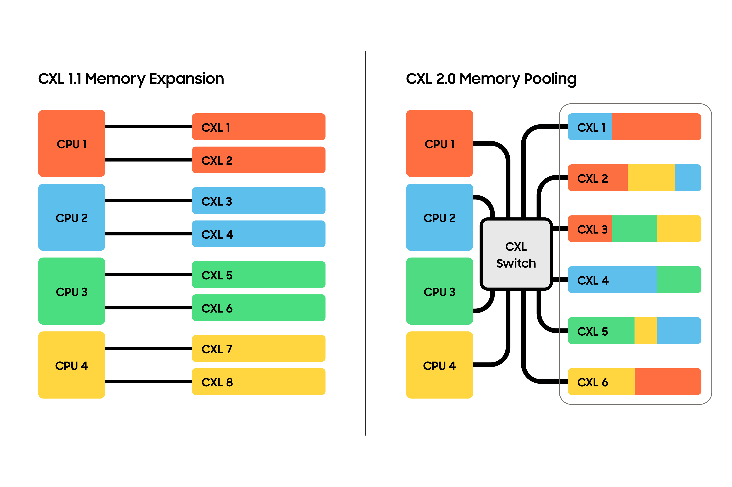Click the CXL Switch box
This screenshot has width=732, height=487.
[x=516, y=254]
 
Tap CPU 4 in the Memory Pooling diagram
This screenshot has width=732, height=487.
[x=439, y=365]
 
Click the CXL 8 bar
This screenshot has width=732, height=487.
[x=259, y=382]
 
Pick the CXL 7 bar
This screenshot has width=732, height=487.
[x=259, y=349]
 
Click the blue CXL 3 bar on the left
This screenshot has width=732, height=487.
[x=259, y=201]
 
